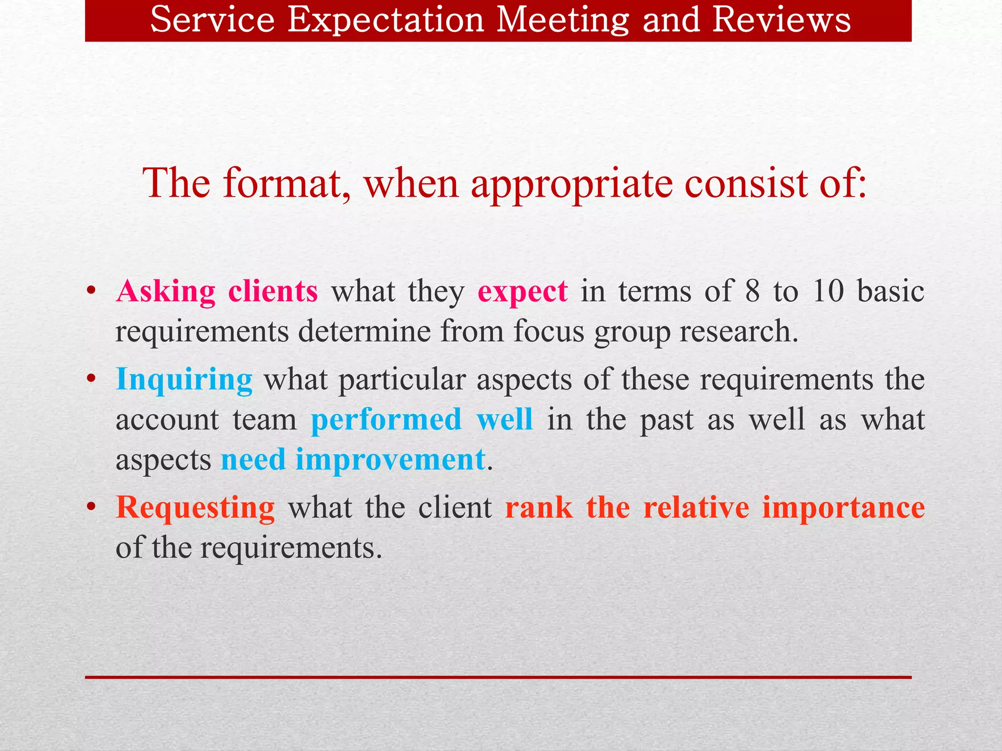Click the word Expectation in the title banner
pos(385,21)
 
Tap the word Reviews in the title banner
pos(781,21)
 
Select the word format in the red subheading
pos(287,183)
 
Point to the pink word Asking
pos(165,292)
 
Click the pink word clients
pos(273,291)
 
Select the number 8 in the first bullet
pos(752,291)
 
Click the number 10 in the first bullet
pos(828,291)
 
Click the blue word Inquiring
pos(184,380)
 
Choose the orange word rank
pos(538,508)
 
